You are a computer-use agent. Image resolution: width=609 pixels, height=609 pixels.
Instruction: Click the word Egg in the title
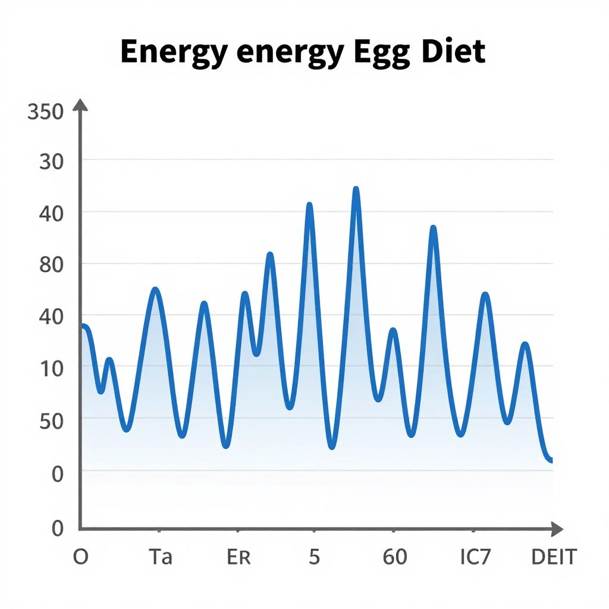click(x=377, y=53)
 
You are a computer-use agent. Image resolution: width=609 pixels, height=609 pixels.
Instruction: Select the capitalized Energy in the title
click(x=173, y=53)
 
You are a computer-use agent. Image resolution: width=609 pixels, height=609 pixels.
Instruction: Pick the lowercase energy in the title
click(x=290, y=53)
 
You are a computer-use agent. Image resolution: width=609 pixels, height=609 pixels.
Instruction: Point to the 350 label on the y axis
click(x=46, y=112)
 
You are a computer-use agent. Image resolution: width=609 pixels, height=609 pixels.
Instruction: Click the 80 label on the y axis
click(x=51, y=265)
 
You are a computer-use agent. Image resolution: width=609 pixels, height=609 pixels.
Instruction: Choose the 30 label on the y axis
click(x=52, y=162)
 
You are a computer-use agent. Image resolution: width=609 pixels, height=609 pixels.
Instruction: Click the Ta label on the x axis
click(x=160, y=557)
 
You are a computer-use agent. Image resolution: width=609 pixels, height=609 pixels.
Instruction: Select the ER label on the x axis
click(x=239, y=557)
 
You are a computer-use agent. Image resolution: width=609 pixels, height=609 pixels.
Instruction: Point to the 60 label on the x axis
click(x=395, y=557)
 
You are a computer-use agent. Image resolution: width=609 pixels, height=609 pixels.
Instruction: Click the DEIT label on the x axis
click(x=554, y=557)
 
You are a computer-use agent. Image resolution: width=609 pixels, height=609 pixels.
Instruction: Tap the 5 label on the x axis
click(x=315, y=557)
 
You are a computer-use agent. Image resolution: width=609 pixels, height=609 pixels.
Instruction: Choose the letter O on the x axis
click(x=80, y=557)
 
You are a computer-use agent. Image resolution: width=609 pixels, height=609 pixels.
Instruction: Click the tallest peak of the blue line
click(x=356, y=190)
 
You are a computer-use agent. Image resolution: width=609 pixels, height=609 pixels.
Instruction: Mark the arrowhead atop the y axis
click(x=80, y=105)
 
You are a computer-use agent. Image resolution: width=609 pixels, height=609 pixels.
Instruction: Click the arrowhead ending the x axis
click(x=557, y=529)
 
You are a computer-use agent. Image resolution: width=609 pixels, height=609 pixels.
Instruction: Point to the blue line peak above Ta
click(x=155, y=290)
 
